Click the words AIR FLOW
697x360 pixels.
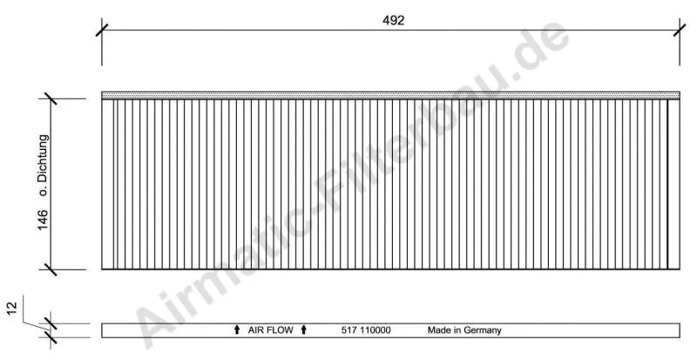pos(270,330)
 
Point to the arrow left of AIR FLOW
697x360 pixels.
pos(237,330)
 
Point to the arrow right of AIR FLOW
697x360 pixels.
pos(303,330)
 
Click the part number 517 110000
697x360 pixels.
pos(366,330)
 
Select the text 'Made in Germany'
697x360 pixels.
pos(464,330)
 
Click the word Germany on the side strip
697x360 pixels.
pos(483,330)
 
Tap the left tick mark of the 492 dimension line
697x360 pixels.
pos(102,31)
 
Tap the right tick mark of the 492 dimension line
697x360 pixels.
pos(680,31)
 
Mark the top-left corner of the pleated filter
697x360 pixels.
pos(103,99)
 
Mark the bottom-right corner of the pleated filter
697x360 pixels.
pos(679,269)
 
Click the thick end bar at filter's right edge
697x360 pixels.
pos(668,184)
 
